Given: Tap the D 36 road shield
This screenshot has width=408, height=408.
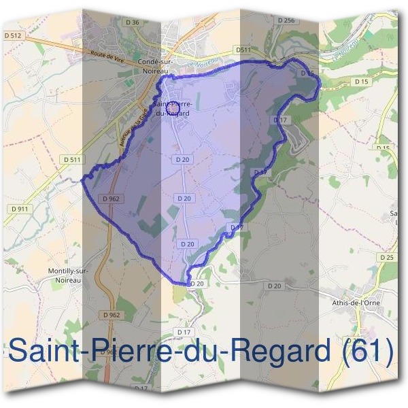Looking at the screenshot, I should (134, 22).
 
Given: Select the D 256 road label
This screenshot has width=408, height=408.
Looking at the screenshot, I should (286, 20).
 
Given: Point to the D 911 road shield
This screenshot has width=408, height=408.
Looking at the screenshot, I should (19, 208).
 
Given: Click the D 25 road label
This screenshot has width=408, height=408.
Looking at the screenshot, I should (387, 258).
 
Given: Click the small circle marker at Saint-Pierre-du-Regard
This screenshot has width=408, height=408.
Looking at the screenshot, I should (173, 107).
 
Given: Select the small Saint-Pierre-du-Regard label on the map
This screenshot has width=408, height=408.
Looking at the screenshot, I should (173, 109).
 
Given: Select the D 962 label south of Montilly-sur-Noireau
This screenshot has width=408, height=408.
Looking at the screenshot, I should (112, 315).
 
